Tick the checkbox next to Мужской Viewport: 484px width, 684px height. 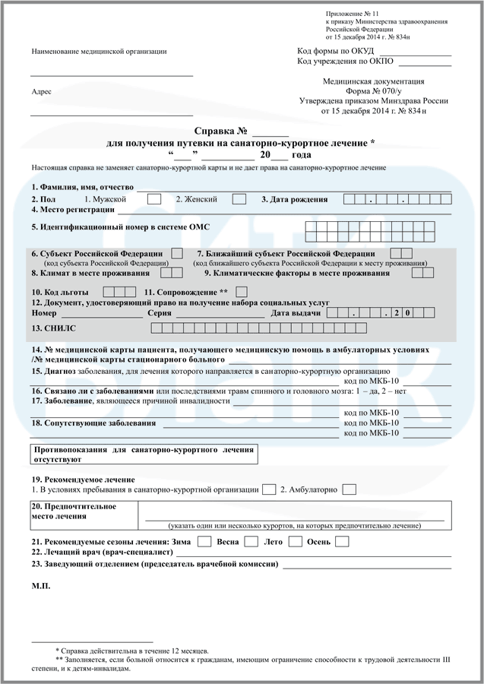click(x=153, y=199)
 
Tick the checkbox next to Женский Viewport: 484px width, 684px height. click(x=239, y=199)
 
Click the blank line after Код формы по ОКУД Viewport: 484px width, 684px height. click(x=425, y=52)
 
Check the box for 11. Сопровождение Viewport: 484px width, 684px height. click(x=242, y=292)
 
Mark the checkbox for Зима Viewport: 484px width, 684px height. click(x=204, y=542)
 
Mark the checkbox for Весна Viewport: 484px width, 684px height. click(x=251, y=542)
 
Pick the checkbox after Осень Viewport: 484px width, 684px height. click(x=342, y=542)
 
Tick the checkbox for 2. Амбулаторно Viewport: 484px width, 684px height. click(x=350, y=489)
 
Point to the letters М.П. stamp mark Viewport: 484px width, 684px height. click(x=41, y=586)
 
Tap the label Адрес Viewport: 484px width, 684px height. click(x=42, y=92)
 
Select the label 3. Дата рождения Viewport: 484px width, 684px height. click(x=295, y=200)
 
